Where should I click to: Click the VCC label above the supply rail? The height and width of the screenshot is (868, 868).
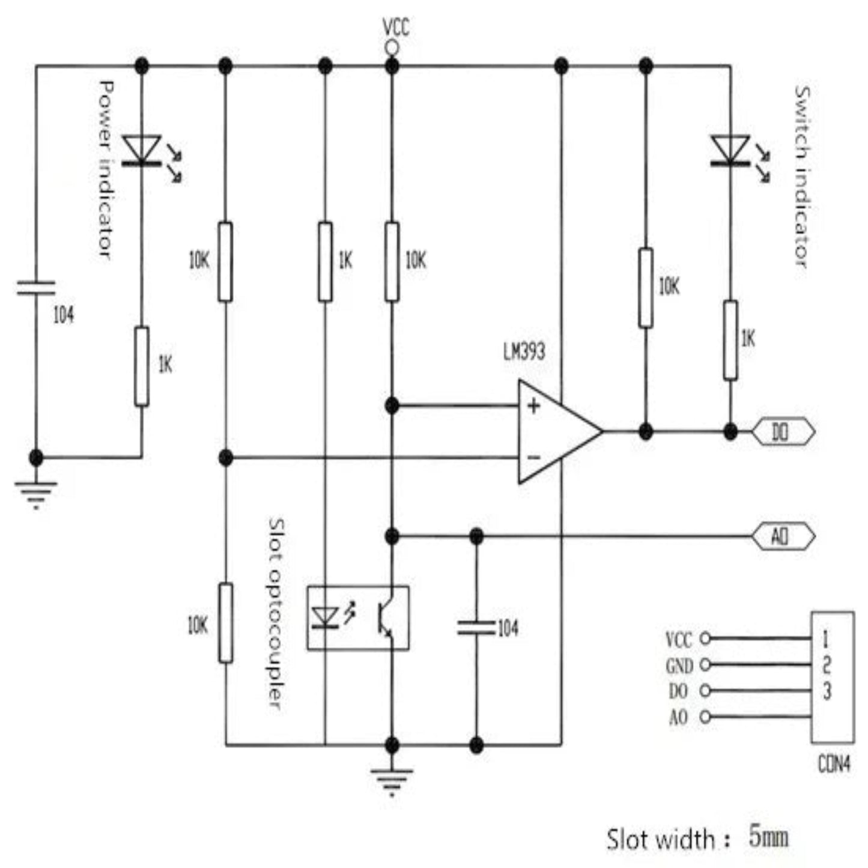pos(396,27)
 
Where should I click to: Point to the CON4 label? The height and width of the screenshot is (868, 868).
pos(834,764)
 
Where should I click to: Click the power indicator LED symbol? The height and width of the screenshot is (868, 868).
pos(142,150)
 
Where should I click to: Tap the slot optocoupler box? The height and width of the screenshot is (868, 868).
pos(358,618)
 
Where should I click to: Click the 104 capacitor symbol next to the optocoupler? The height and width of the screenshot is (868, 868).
pos(476,628)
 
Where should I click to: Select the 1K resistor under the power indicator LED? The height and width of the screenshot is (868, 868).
pos(142,366)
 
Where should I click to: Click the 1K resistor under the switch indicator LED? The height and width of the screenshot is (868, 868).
pos(730,341)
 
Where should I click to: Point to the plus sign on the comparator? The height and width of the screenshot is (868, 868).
pos(533,407)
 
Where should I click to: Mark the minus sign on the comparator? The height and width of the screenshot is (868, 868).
pos(533,458)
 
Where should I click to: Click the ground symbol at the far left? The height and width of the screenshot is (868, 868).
pos(36,490)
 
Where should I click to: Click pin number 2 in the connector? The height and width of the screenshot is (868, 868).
pos(827,665)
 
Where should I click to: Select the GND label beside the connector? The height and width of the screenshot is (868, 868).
pos(679,666)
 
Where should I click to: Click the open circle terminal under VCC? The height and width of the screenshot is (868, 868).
pos(392,47)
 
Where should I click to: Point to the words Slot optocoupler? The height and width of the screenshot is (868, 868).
pos(275,613)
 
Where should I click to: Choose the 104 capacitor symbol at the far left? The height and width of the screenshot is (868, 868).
pos(36,288)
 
